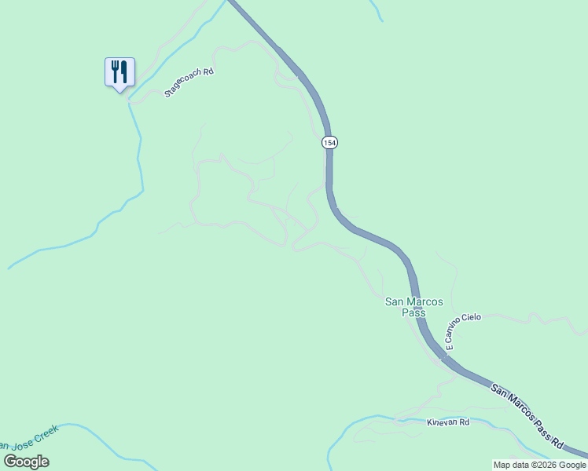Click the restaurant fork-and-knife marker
point(119,72)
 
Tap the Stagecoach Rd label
point(189,82)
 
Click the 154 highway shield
point(329,142)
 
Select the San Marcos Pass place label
point(413,307)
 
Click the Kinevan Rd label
point(448,422)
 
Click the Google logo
point(26,462)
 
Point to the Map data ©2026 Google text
point(539,465)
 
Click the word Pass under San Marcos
point(413,312)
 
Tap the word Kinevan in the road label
point(440,422)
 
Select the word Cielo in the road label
point(471,318)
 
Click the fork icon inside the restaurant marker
point(115,71)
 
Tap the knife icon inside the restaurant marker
point(123,71)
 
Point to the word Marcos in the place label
point(425,301)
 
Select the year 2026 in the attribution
point(543,465)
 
